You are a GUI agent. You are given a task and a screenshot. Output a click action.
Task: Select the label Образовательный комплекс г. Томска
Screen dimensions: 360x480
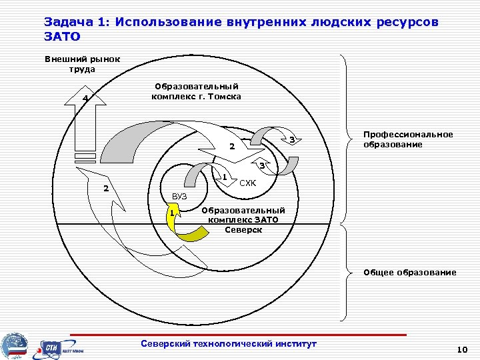[x=196, y=91]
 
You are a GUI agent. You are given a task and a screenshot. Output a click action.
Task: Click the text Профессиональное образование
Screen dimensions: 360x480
[x=407, y=139]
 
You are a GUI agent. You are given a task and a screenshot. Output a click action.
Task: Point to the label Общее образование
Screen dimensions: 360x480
[x=409, y=272]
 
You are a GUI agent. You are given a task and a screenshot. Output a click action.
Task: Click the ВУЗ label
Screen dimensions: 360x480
[x=179, y=196]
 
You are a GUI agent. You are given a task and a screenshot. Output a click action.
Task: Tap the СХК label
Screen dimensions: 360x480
[x=248, y=183]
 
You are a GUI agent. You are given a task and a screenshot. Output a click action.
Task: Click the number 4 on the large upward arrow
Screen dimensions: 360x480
[x=85, y=100]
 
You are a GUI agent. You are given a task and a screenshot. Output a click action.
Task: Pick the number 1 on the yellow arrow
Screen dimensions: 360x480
[x=173, y=213]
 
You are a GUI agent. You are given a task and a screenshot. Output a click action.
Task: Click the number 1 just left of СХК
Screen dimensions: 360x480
[x=225, y=177]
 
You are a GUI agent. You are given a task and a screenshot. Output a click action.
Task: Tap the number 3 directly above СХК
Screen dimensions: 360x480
[x=262, y=165]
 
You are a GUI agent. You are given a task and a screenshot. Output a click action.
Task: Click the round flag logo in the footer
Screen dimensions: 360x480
[x=15, y=345]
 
